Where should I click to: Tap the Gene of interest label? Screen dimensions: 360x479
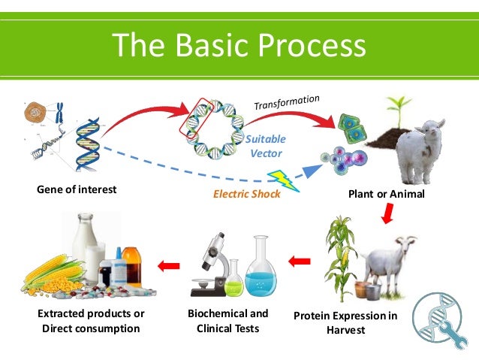[x=77, y=189]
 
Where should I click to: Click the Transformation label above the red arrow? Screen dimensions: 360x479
[x=286, y=103]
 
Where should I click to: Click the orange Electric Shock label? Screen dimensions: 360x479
[x=247, y=194]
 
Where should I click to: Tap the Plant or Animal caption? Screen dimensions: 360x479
[x=387, y=194]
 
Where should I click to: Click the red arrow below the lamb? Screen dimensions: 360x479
[x=389, y=216]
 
